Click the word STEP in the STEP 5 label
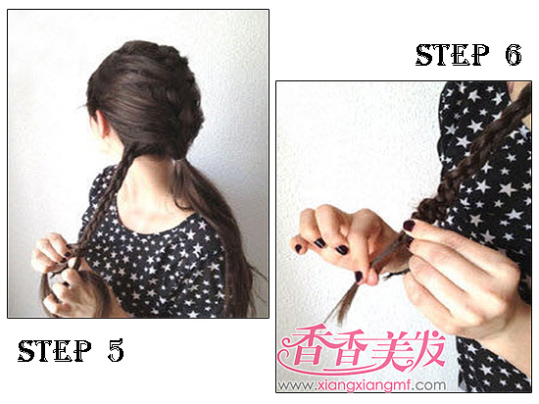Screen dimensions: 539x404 tap(55, 350)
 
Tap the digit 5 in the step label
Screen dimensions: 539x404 tap(116, 350)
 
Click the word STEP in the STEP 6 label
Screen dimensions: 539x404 tap(453, 55)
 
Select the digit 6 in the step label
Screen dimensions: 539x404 tap(514, 55)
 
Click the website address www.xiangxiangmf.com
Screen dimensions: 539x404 tap(362, 385)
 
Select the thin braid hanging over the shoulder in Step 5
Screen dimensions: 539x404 tap(100, 206)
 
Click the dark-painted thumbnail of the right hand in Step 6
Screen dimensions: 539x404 tap(410, 226)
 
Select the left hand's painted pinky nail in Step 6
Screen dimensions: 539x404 tap(298, 247)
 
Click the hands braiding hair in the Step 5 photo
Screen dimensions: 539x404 tap(66, 272)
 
